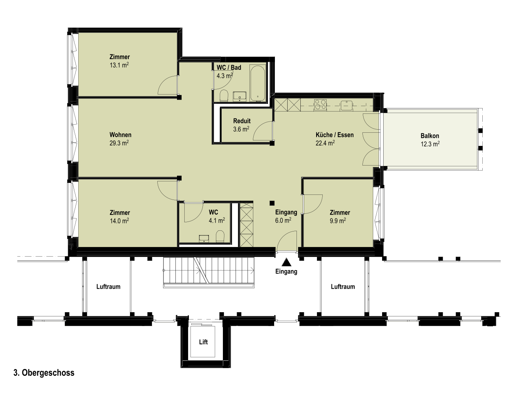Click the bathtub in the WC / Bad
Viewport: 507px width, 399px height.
[258, 83]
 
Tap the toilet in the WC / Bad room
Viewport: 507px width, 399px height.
[224, 96]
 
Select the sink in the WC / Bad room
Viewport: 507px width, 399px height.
[239, 96]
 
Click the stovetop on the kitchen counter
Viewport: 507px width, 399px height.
[320, 105]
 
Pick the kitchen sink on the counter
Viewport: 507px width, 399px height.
[346, 105]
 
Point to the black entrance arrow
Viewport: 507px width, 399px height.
[286, 262]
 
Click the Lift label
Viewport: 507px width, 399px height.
[203, 342]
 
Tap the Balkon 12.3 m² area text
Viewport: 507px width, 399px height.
[430, 144]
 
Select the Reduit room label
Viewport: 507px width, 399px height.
[242, 121]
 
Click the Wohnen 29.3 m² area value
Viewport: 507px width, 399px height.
[119, 143]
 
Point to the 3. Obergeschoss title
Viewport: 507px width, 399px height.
[44, 373]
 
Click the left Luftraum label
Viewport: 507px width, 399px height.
[108, 287]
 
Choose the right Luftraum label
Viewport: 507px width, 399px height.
[343, 287]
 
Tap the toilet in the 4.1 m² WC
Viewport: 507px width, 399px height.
[220, 236]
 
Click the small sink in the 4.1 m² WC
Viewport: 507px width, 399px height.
[204, 238]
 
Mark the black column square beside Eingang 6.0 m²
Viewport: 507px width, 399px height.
[272, 203]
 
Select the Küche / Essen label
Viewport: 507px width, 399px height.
[335, 135]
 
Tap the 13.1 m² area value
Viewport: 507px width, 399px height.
[119, 65]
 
